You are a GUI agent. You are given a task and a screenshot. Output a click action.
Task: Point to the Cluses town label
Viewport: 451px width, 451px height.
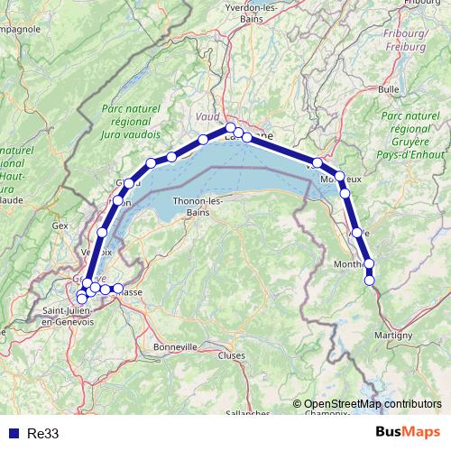(x=232, y=355)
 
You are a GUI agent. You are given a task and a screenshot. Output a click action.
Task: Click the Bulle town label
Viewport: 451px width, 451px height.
(x=389, y=89)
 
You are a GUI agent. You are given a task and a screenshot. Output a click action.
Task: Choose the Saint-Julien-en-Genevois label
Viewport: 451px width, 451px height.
(x=68, y=317)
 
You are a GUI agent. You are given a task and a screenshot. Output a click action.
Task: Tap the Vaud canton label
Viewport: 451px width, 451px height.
(x=207, y=117)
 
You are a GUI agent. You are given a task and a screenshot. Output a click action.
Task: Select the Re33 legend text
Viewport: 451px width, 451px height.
(x=42, y=434)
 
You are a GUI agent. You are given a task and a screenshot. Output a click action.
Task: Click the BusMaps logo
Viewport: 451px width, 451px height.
(x=408, y=432)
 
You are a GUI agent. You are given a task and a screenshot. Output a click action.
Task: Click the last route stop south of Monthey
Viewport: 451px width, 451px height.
(x=370, y=281)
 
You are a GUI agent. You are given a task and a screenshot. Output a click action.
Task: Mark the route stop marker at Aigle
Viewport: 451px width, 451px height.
(x=357, y=233)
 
